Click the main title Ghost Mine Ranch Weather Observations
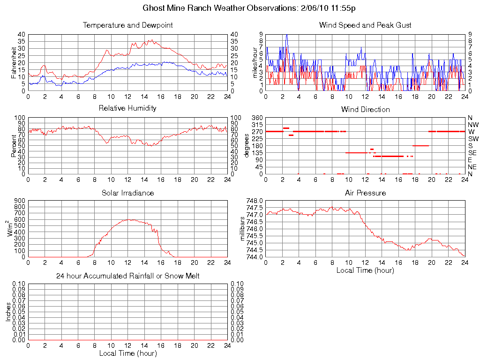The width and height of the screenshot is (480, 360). point(252,8)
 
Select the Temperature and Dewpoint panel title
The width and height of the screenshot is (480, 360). point(127,25)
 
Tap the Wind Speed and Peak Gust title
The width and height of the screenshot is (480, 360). point(365,25)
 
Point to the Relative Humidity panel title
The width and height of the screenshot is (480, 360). point(127,108)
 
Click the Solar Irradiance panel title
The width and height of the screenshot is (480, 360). point(127,193)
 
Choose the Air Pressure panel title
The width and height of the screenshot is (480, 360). point(365,193)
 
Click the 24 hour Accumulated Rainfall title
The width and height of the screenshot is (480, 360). point(127,276)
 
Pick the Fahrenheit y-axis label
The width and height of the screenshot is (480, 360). point(14,62)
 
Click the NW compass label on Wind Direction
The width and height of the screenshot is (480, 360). point(472,125)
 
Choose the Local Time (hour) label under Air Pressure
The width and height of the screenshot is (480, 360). point(365,270)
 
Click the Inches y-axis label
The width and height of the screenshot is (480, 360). point(8,312)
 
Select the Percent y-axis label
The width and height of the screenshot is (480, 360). point(14,145)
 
